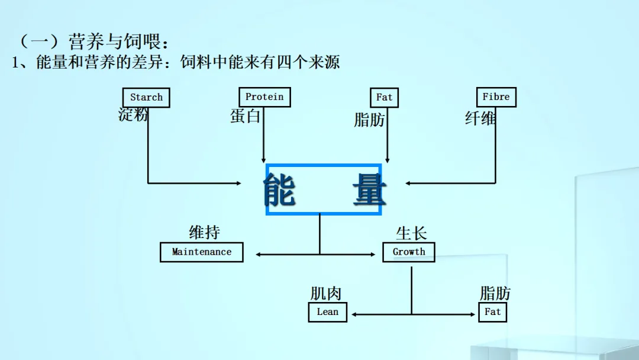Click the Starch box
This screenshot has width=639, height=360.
point(146,98)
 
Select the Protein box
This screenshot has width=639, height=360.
point(264,97)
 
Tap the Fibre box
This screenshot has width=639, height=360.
point(496,97)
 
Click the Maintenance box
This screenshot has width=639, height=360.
point(202,252)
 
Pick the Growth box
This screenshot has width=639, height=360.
point(409,252)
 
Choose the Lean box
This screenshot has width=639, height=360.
point(327,312)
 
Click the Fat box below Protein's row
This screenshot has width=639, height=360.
point(384,98)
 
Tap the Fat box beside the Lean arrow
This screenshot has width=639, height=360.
point(492,312)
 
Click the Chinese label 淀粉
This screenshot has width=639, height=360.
point(133,115)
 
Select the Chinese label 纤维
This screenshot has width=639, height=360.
point(480,118)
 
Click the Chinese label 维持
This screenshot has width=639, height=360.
point(205,232)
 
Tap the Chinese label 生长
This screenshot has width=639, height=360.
point(411,233)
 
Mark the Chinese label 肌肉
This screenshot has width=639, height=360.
point(326,293)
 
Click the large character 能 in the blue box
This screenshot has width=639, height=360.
point(280,189)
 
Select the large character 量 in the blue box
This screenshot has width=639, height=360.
point(368,189)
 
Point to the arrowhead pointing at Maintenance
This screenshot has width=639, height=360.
point(259,255)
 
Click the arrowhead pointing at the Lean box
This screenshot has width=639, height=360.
point(353,314)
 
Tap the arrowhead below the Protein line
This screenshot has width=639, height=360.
point(264,160)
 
